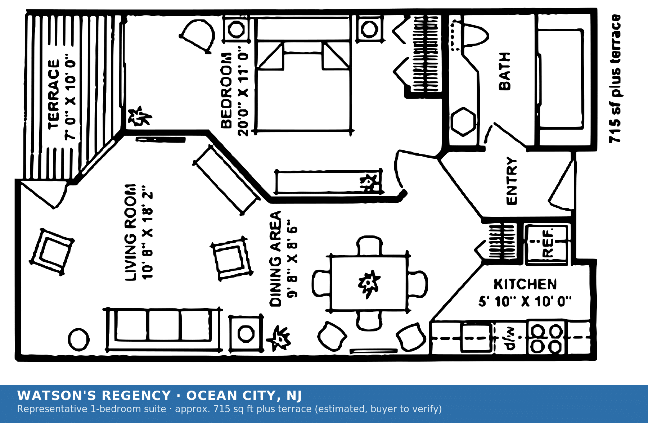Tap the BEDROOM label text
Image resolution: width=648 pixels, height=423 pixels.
coord(226,90)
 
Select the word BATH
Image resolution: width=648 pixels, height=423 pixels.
coord(505,71)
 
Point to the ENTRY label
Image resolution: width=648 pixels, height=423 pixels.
coord(512,181)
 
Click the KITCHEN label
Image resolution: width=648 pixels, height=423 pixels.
coord(525,284)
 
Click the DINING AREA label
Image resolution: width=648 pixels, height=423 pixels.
coord(275,259)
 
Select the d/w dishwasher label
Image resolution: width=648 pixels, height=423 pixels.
coord(510,339)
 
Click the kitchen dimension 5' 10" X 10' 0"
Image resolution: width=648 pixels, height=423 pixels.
coord(525,301)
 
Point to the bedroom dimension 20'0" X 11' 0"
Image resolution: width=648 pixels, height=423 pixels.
coord(243,91)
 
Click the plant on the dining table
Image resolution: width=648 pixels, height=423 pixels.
coord(369,283)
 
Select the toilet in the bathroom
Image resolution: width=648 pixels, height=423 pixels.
coord(475,35)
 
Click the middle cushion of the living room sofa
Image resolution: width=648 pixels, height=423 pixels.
coord(164,325)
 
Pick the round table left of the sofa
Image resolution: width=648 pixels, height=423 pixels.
coord(79,339)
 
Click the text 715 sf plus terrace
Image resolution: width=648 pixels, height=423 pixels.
coord(615,79)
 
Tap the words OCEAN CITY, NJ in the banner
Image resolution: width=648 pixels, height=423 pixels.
coord(244,396)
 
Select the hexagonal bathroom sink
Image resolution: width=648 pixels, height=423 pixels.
coord(463,122)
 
